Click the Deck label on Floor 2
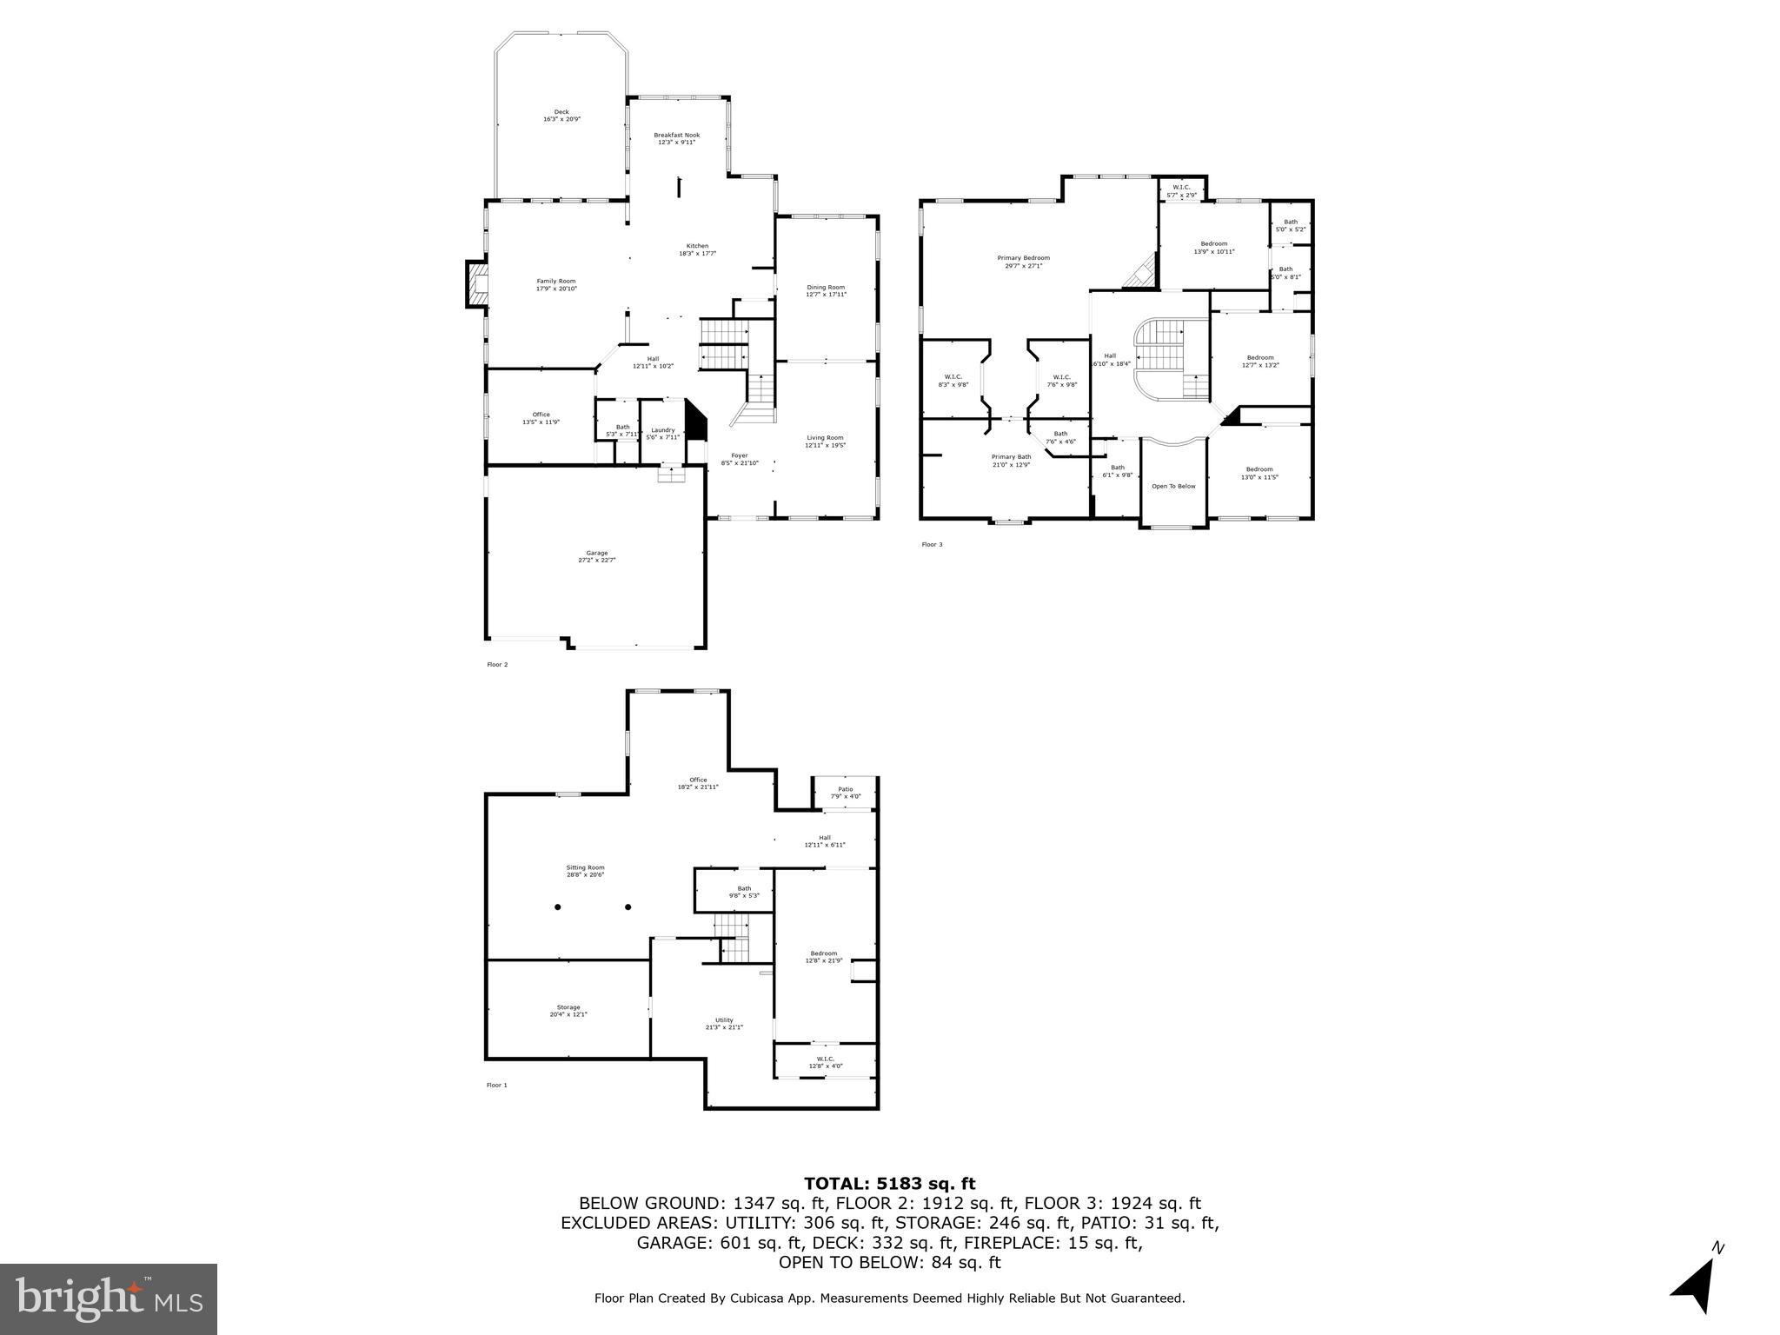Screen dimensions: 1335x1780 pos(561,115)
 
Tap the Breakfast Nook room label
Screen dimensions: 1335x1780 pos(676,138)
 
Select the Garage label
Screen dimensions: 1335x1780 pos(597,556)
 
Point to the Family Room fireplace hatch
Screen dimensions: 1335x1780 pos(476,284)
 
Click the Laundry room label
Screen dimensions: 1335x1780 pos(663,433)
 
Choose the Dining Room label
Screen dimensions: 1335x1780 pos(826,290)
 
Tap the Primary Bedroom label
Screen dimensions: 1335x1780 pos(1023,261)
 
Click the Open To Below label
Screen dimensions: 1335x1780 pos(1173,486)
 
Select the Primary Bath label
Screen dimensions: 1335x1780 pos(1012,460)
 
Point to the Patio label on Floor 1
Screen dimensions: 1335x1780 pos(845,793)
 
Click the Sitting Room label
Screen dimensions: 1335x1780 pos(585,871)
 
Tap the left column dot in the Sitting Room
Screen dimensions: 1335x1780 pos(558,907)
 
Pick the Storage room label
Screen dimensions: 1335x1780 pos(568,1010)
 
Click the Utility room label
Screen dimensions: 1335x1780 pos(724,1023)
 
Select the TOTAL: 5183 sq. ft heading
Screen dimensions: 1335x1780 pos(889,1183)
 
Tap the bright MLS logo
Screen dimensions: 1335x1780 pos(109,1299)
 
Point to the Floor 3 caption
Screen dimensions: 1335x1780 pos(932,545)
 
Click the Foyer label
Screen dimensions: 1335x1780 pos(740,459)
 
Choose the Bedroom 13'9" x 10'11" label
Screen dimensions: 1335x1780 pos(1213,247)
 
